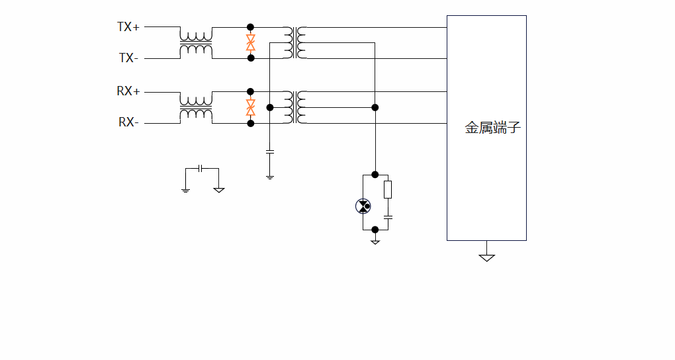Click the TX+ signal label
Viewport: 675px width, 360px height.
(128, 27)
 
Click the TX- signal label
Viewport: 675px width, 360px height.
(128, 58)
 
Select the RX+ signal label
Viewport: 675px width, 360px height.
(128, 91)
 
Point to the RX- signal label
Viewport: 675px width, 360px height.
(128, 122)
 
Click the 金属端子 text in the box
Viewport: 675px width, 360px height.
(492, 128)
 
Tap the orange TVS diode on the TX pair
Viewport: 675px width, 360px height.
(251, 43)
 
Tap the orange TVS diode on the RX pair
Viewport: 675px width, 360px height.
(251, 107)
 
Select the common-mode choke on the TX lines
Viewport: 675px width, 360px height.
(196, 43)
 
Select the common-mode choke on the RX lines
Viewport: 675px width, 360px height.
(196, 107)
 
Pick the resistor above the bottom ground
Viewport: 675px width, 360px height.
(388, 189)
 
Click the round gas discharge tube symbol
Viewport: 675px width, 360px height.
(363, 206)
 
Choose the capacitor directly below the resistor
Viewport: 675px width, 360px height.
(388, 217)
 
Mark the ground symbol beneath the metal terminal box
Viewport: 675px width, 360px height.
(487, 257)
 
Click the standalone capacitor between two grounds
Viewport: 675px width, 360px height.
(202, 168)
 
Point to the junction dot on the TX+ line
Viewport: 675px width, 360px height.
(250, 27)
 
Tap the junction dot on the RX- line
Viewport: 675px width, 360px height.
(250, 123)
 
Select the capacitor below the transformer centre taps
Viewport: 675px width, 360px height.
(269, 152)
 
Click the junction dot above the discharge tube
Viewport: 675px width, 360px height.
(375, 175)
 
